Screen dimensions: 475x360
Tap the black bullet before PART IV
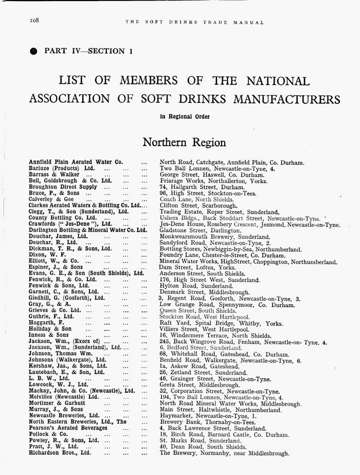tap(34, 51)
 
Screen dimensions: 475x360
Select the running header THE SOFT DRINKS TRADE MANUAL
tap(194, 22)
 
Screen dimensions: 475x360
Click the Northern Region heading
tap(184, 142)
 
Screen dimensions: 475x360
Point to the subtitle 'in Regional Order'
tap(185, 117)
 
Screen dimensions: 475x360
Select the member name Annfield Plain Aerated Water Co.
tap(75, 162)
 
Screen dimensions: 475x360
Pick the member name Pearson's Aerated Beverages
tap(68, 428)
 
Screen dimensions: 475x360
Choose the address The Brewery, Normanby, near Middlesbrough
tap(224, 453)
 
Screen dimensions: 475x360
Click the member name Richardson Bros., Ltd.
tap(60, 453)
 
